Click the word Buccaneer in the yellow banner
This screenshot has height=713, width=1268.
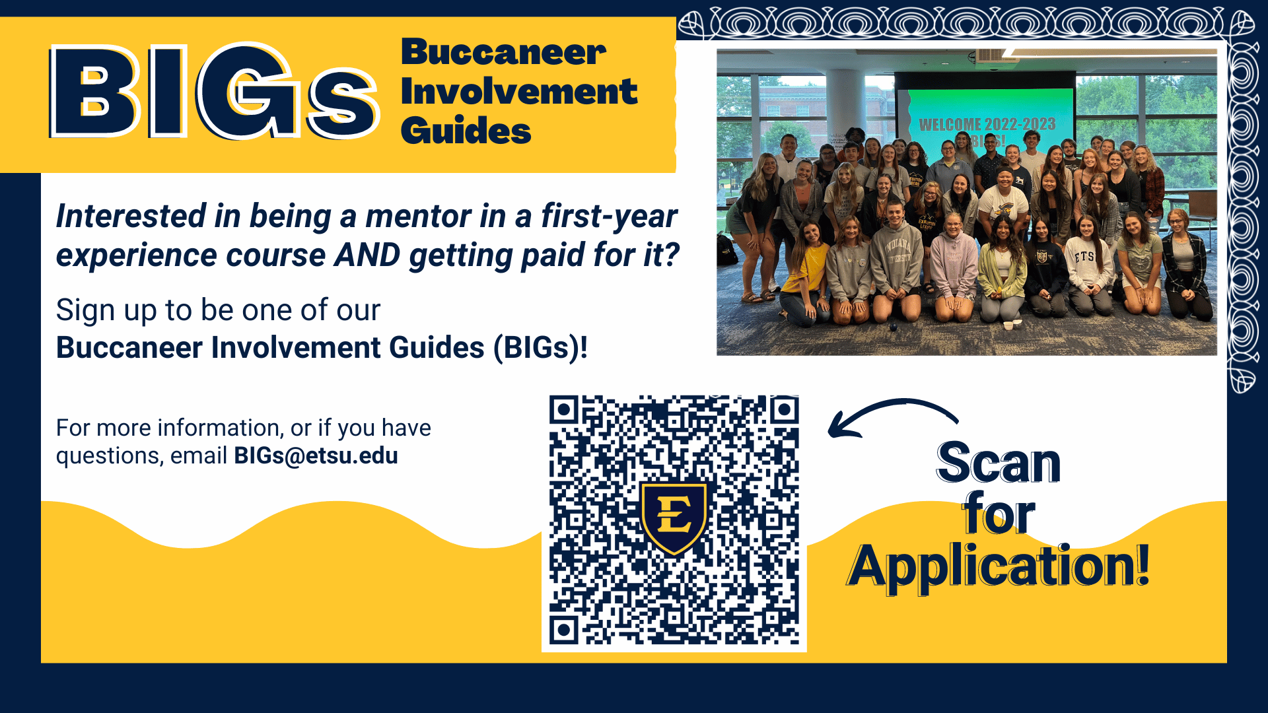(503, 52)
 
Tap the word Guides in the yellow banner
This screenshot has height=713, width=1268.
(466, 130)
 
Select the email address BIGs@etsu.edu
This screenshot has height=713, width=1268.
(316, 456)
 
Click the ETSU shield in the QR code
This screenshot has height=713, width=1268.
(674, 518)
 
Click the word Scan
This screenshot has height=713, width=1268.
(999, 463)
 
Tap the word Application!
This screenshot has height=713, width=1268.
(999, 566)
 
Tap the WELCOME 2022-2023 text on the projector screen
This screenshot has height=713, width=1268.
(987, 124)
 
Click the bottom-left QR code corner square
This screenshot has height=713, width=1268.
(564, 630)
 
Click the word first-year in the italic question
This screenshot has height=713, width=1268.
(609, 217)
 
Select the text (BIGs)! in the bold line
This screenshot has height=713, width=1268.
(540, 348)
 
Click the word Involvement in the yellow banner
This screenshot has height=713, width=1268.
(519, 91)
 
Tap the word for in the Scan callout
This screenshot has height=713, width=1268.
(999, 514)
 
